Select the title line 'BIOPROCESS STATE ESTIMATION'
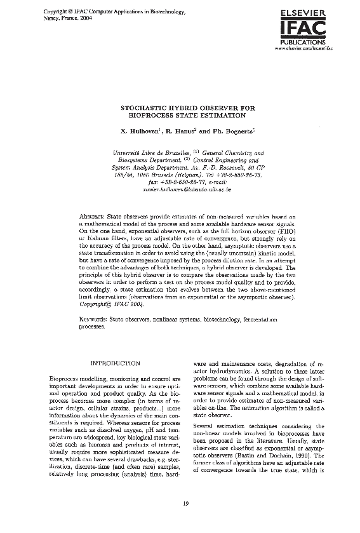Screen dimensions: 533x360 pyautogui.click(x=187, y=116)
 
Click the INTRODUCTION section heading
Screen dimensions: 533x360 pyautogui.click(x=116, y=363)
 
